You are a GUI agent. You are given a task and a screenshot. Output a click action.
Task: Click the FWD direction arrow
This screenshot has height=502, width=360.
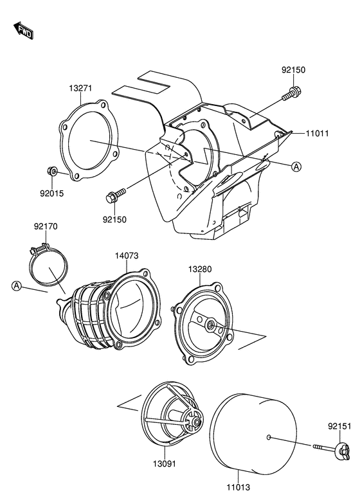pos(23,30)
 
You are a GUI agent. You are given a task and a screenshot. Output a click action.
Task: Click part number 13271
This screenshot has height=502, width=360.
pos(80,88)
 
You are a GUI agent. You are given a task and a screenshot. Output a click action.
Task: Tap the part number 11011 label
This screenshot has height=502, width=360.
pos(317,133)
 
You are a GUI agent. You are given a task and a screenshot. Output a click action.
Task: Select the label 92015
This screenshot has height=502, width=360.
pos(51,193)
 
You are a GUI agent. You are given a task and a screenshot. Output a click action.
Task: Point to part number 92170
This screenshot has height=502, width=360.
pos(46,226)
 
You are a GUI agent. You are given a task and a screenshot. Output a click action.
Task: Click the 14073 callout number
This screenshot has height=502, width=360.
pos(127,255)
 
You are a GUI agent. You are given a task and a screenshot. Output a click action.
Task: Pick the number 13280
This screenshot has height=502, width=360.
pos(200,269)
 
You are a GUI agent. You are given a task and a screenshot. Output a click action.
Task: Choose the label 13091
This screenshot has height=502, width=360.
pos(165,463)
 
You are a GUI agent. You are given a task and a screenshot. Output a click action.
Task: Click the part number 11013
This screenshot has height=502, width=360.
pos(239,487)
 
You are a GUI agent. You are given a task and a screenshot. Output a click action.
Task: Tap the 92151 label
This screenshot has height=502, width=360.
pos(339,426)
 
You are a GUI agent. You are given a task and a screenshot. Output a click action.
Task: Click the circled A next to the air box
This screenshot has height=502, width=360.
pos(296,166)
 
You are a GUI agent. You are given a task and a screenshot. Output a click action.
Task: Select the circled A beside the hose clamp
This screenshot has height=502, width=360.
pos(17,286)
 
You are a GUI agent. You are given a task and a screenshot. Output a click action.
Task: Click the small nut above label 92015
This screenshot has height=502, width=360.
pos(51,172)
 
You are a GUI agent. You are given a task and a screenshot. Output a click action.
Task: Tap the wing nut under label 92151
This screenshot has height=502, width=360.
pos(342,451)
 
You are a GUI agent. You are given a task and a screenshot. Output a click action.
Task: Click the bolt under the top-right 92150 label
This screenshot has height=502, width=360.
pos(292,93)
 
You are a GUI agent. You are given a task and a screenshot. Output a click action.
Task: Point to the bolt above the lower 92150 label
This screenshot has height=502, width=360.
pos(115,195)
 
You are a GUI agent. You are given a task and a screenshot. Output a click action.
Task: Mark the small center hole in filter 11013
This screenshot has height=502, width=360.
pos(269,437)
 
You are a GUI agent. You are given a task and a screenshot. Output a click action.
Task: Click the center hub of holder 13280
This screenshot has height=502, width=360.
pos(210,325)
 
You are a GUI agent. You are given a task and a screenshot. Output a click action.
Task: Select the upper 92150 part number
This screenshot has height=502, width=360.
pos(294,69)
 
